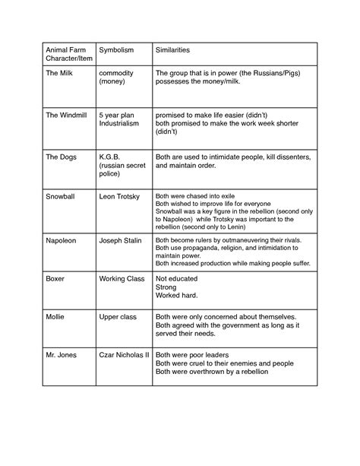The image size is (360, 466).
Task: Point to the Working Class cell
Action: click(122, 279)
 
